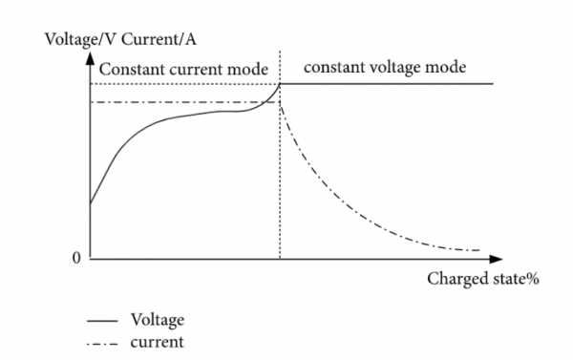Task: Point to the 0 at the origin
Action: click(77, 260)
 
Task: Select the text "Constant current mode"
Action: click(182, 69)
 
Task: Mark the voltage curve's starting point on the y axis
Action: click(90, 203)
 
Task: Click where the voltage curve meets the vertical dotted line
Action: click(280, 85)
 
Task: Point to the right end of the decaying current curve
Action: click(478, 250)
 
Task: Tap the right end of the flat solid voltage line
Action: click(493, 84)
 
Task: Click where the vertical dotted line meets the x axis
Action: click(280, 259)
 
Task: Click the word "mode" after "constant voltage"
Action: click(445, 68)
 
